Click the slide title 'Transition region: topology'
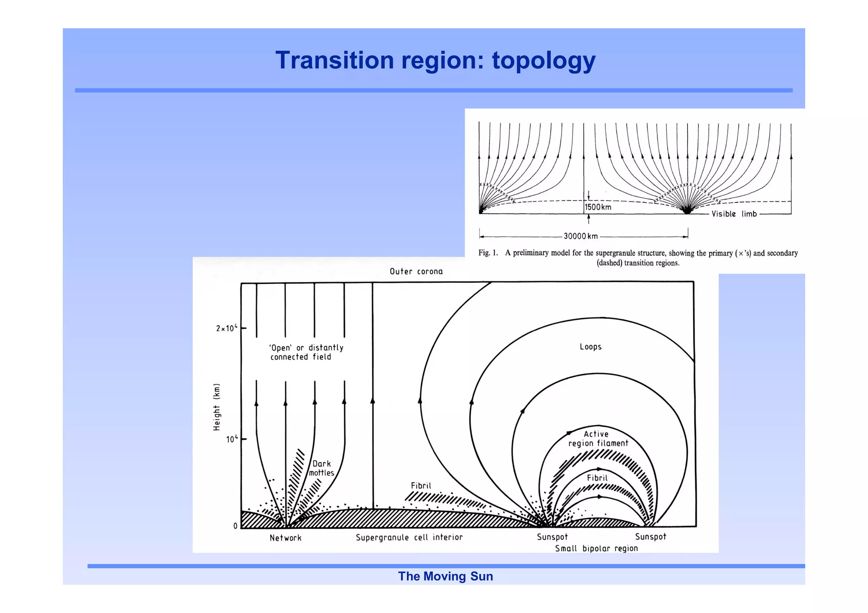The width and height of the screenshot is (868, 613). (x=435, y=60)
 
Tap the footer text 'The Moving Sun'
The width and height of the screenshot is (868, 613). (x=445, y=576)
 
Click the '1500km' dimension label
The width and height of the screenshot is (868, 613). (x=598, y=207)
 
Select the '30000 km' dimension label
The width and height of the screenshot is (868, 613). (x=580, y=236)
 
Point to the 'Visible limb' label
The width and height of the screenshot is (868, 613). (x=734, y=214)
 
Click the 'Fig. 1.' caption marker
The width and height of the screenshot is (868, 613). (x=488, y=253)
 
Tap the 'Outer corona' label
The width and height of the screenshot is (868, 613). (x=416, y=271)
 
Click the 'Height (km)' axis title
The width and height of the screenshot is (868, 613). (x=217, y=407)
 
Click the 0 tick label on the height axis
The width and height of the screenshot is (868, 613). (x=235, y=526)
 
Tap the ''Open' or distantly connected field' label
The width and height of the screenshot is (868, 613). (x=306, y=352)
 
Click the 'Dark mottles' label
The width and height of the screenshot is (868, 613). (x=321, y=468)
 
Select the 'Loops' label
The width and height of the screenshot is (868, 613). (x=590, y=347)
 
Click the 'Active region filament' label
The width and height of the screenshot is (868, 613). (x=598, y=439)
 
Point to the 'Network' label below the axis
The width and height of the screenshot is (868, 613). (x=285, y=538)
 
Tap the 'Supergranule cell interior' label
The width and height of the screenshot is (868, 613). (x=409, y=537)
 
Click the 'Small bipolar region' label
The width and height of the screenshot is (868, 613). (x=596, y=548)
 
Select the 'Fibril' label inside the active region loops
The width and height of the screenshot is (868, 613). (x=597, y=478)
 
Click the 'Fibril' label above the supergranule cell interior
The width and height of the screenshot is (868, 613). (x=420, y=486)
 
